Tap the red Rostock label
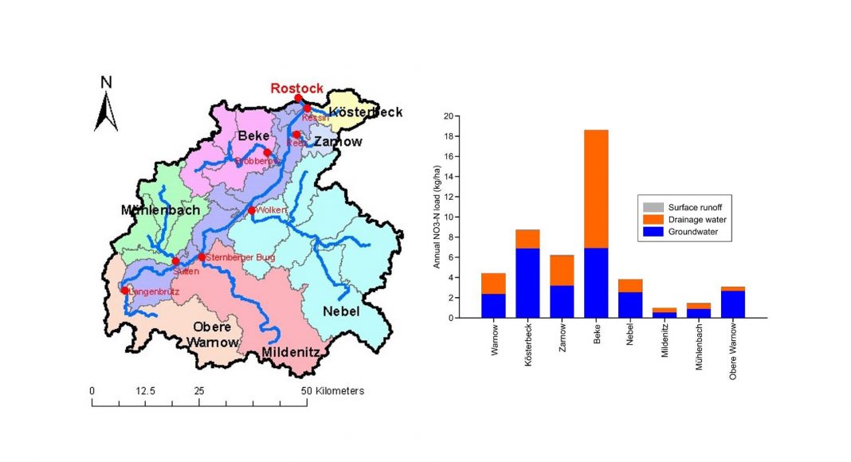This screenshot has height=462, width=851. tap(296, 88)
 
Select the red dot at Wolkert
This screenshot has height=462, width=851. tap(252, 210)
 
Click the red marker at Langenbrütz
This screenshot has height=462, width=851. tap(124, 290)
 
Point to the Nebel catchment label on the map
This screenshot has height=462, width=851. tap(342, 311)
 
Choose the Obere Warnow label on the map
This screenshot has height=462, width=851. tap(212, 335)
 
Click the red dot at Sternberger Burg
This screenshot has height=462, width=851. tap(202, 257)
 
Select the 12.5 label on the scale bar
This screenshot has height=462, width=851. tap(145, 391)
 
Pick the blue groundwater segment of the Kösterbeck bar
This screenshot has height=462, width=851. tap(527, 283)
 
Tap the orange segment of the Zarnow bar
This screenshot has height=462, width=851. tap(562, 270)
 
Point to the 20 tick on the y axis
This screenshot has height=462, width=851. tap(448, 116)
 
